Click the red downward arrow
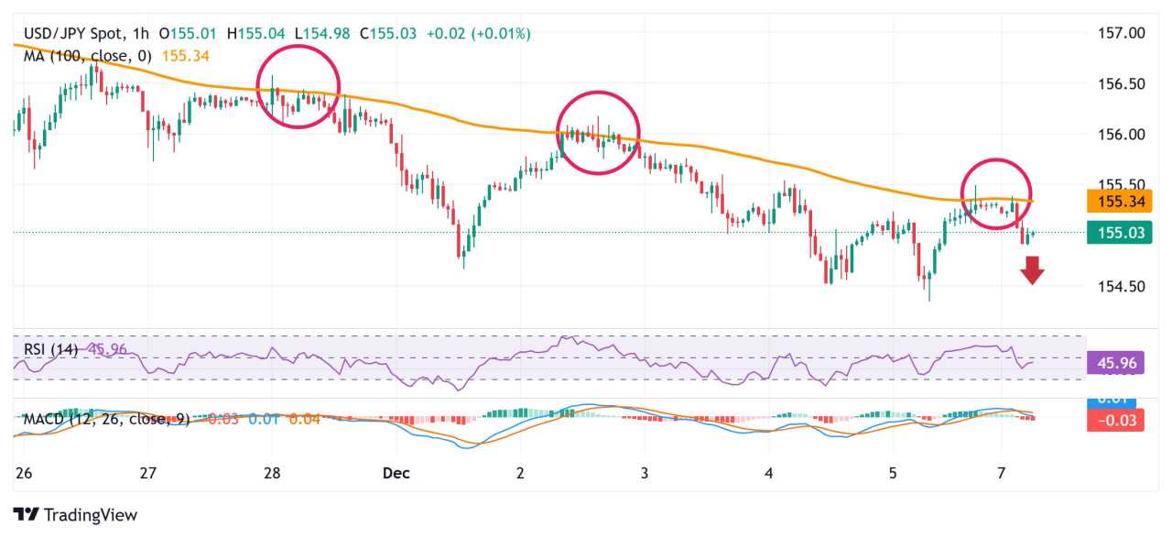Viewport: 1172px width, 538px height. coord(1033,270)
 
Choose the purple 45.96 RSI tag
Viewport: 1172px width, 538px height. coord(1117,363)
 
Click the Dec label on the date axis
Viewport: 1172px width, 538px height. coord(396,473)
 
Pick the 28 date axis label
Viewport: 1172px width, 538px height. coord(272,473)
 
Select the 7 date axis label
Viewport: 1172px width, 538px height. coord(1002,473)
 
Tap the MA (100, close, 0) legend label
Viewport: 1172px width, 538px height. coord(86,56)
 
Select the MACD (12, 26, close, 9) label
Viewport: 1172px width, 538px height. coord(106,419)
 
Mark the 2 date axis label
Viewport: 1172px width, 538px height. coord(520,473)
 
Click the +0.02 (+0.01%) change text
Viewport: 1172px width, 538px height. coord(477,34)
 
